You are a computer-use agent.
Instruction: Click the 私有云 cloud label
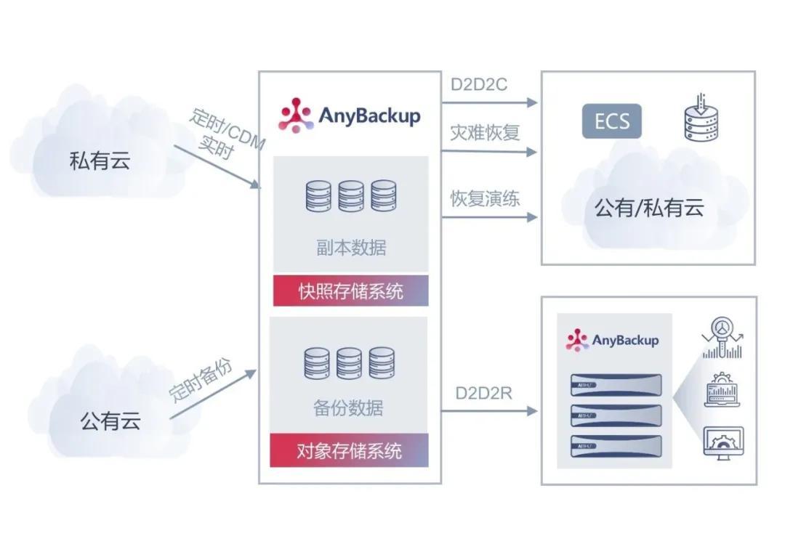pos(100,160)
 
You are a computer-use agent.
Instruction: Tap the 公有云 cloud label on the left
pos(110,421)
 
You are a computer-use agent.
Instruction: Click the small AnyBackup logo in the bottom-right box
pos(612,340)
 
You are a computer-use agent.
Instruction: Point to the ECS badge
pos(611,121)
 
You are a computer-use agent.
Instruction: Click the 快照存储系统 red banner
pos(350,291)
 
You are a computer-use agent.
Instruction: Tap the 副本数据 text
pos(351,248)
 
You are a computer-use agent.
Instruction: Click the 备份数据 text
pos(348,407)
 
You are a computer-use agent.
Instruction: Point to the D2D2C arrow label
pos(478,84)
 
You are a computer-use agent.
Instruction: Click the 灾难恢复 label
pos(485,134)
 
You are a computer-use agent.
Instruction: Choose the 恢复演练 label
pos(485,198)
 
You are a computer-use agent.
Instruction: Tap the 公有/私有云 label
pos(649,208)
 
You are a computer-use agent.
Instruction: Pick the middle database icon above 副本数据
pos(351,195)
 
